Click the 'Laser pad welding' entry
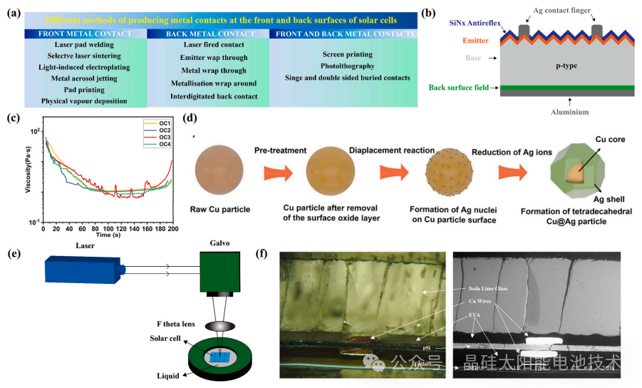(x=83, y=45)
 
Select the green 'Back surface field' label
(x=460, y=88)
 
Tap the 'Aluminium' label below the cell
(x=549, y=111)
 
